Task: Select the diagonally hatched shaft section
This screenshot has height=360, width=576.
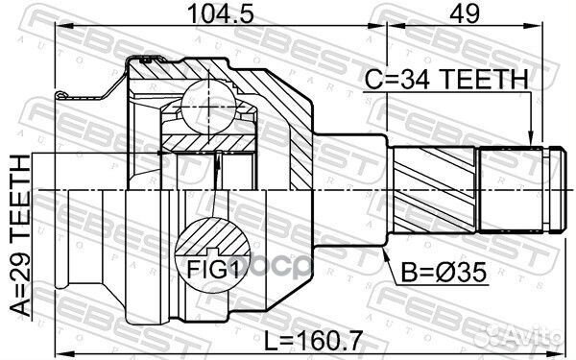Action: point(437,188)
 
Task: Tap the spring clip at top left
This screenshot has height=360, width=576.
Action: point(65,94)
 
